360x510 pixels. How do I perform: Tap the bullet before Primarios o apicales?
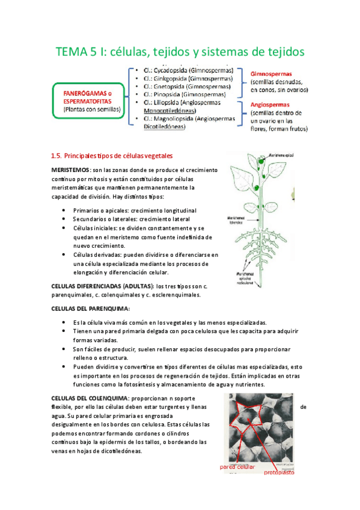64,210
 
